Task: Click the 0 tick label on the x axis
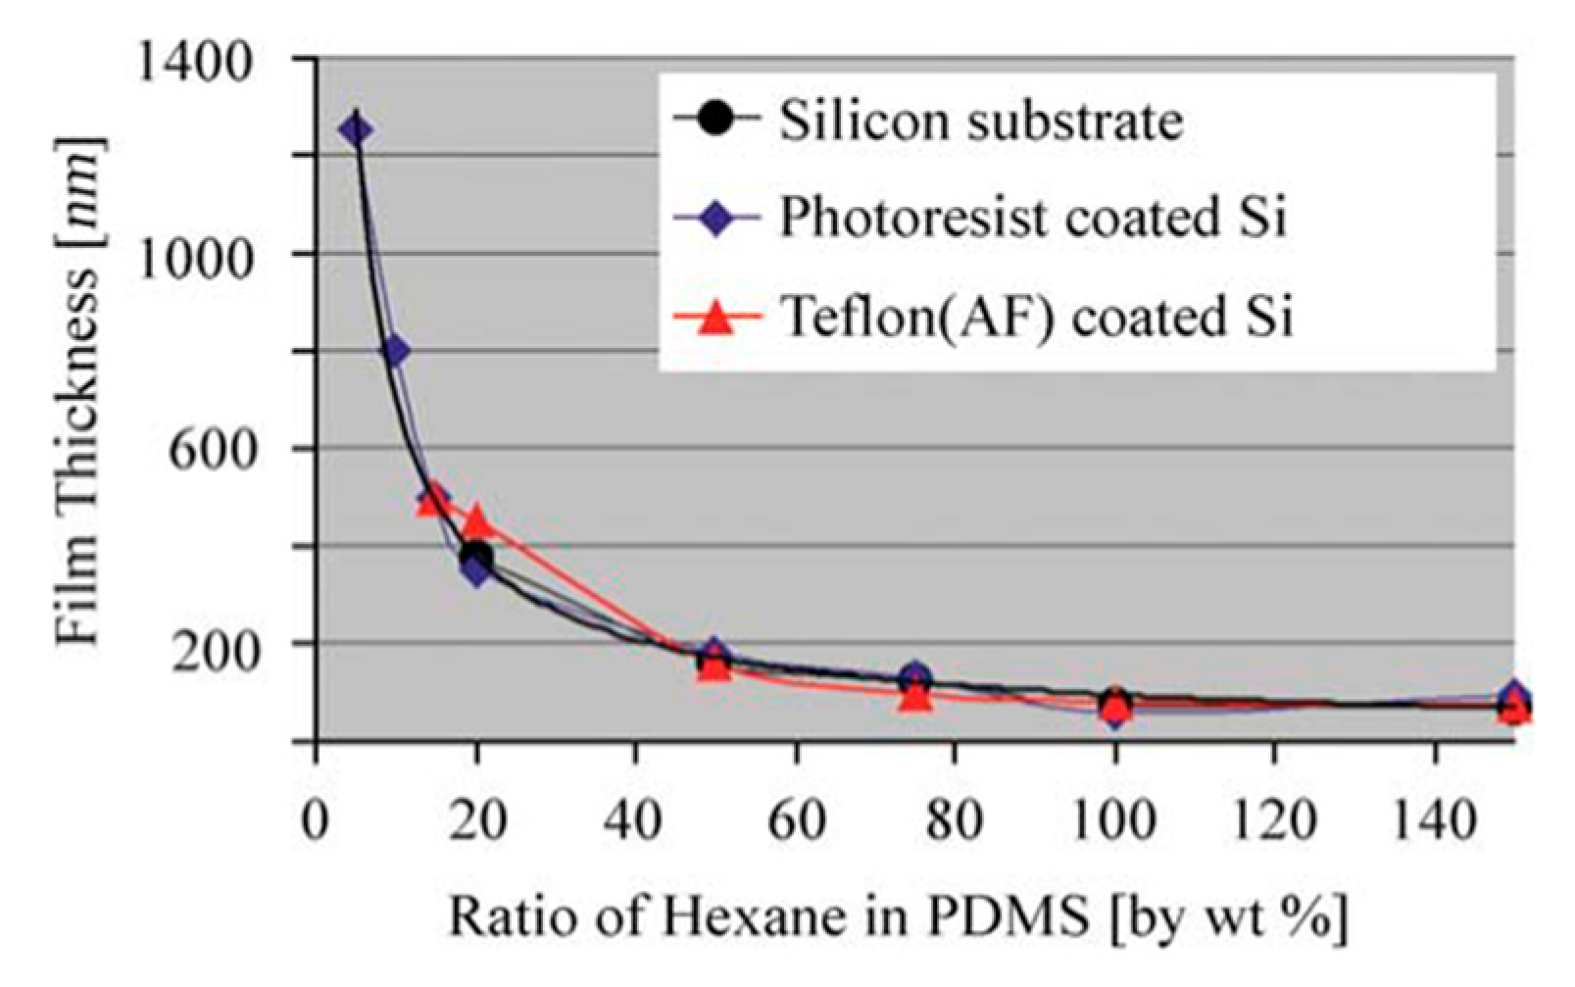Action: tap(316, 819)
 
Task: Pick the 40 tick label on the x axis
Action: tap(635, 819)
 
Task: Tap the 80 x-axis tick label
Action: tap(955, 819)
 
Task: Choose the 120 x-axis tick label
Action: tap(1274, 819)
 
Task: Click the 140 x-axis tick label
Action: tap(1434, 819)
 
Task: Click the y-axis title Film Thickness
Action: tap(78, 392)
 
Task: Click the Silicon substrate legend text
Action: tap(980, 123)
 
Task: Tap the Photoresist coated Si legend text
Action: tap(1031, 219)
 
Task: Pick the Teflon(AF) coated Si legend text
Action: tap(1036, 317)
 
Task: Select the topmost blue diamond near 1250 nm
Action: tap(357, 129)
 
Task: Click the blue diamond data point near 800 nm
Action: tap(394, 351)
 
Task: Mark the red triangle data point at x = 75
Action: tap(914, 696)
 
